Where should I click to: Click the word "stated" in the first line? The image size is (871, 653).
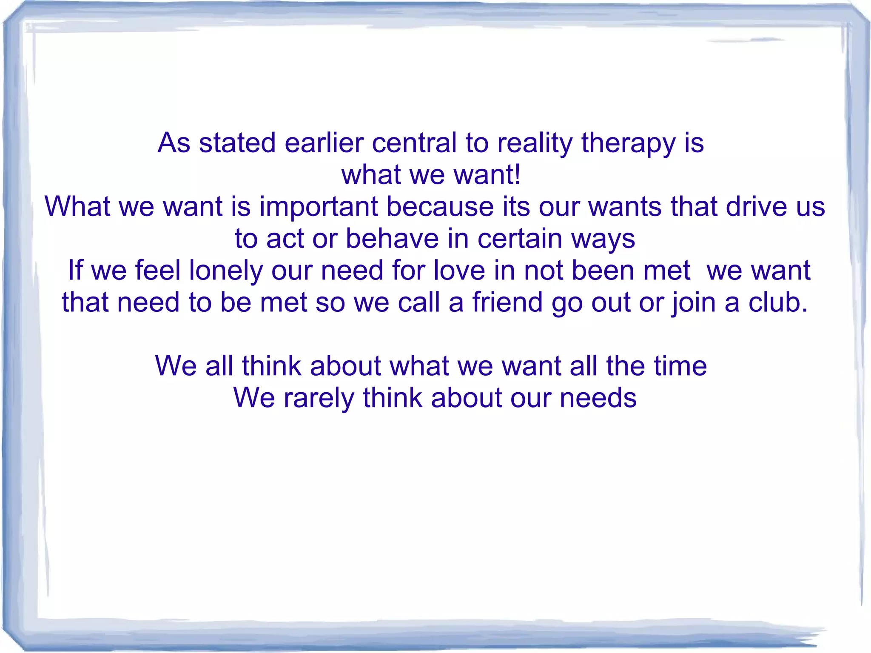(x=237, y=143)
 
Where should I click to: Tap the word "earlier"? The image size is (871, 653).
(x=324, y=143)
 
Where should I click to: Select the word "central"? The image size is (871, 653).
(x=414, y=143)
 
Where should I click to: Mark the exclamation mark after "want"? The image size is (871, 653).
(x=517, y=175)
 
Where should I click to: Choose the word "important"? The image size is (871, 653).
(x=319, y=207)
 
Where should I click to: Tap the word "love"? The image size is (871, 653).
(x=459, y=271)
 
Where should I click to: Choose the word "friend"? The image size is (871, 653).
(x=507, y=302)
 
